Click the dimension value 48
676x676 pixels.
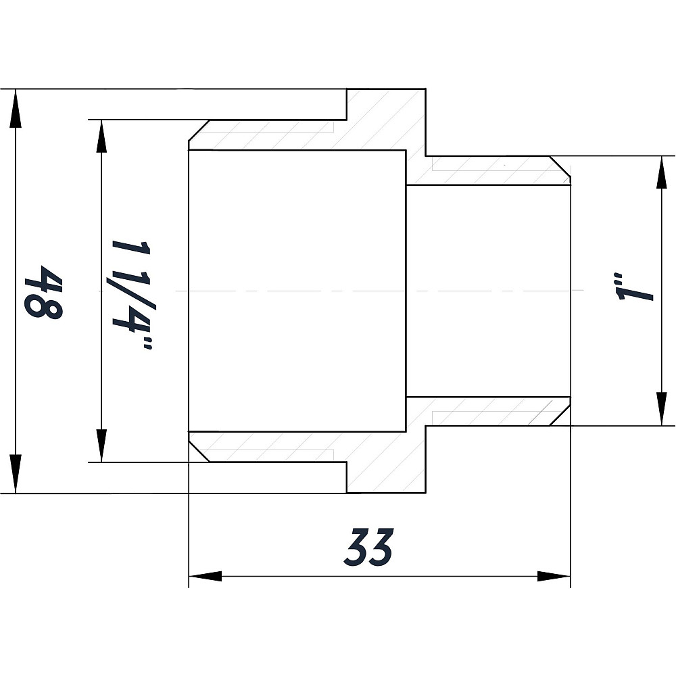[43, 292]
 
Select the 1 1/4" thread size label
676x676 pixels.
[132, 292]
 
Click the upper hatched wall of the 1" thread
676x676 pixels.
[487, 171]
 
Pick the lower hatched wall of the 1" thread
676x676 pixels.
[487, 411]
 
